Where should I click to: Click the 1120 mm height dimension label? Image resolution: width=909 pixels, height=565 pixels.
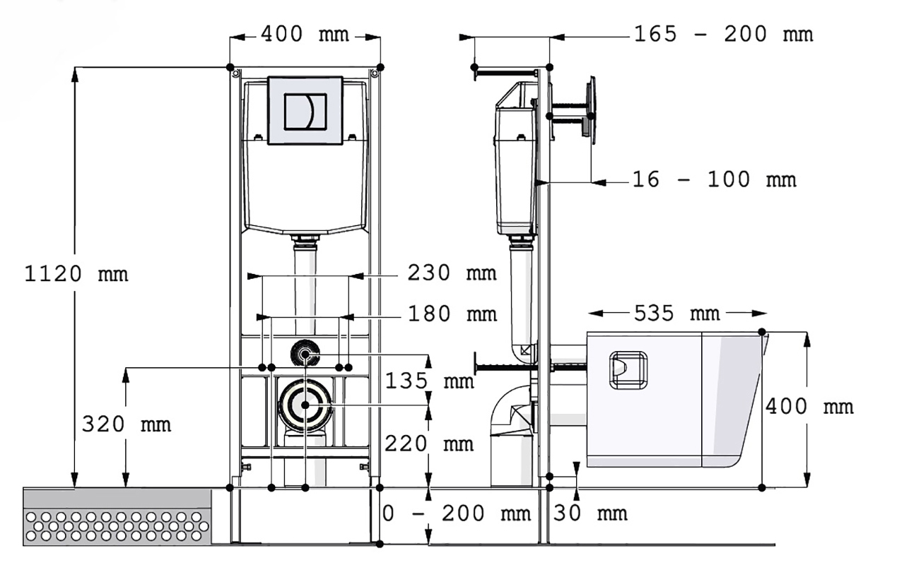coord(76,274)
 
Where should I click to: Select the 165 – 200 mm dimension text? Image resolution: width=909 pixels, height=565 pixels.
coord(724,34)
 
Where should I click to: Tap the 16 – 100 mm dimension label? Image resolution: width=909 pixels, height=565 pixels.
coord(715,179)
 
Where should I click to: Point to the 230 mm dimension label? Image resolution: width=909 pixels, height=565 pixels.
coord(452,273)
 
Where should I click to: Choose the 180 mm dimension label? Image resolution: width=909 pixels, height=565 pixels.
coord(452,314)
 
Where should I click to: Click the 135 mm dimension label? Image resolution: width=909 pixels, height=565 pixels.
coord(429,381)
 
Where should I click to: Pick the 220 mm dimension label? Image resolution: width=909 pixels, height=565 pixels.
coord(429,444)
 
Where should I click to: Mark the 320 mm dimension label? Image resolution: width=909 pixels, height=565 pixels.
coord(127,424)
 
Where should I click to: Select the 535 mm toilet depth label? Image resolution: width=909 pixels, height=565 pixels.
coord(677,314)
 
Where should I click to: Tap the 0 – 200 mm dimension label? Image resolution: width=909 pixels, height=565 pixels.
coord(457,513)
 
